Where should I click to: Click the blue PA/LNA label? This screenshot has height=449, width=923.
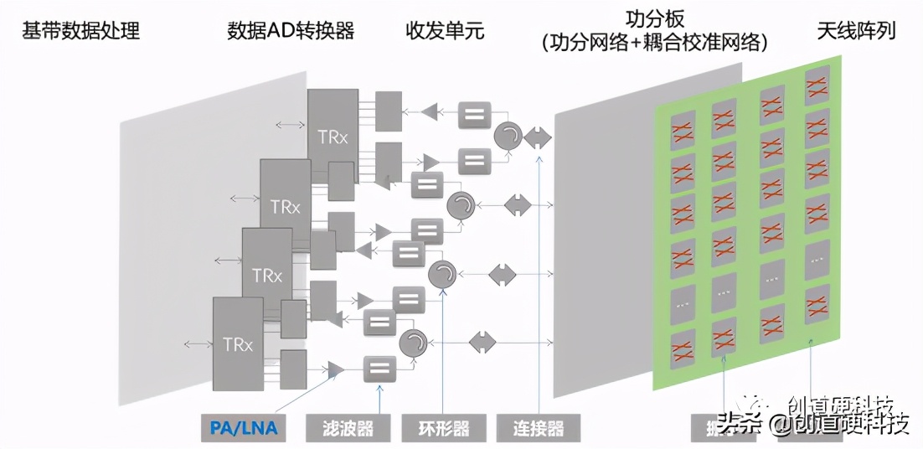tap(244, 429)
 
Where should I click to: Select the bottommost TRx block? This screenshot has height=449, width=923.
tap(238, 343)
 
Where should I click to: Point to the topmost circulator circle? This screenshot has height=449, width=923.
tap(507, 136)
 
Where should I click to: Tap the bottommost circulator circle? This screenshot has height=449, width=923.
tap(413, 341)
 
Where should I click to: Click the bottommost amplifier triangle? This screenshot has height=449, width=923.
tap(336, 369)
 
